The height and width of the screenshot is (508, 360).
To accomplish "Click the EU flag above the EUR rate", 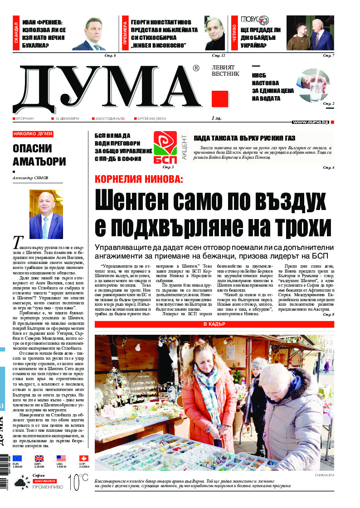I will [17, 458].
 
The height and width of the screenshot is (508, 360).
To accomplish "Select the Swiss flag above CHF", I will [84, 458].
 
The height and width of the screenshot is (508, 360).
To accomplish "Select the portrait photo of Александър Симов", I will [46, 214].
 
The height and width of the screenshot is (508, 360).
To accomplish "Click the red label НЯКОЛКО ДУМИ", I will [33, 134].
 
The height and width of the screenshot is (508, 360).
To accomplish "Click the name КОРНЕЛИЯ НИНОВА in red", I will [138, 179].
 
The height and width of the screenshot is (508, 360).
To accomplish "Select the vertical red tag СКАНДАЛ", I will [16, 33].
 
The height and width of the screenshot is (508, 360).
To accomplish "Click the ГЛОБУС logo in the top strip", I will [255, 20].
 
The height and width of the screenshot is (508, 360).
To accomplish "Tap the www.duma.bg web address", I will [311, 122].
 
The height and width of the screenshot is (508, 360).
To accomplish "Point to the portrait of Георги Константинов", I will [214, 33].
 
